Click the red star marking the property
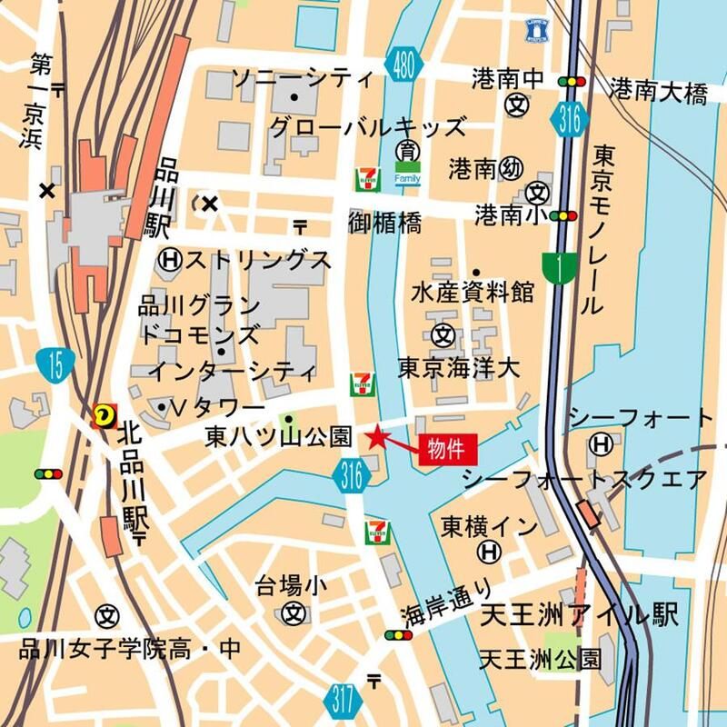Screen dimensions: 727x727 [376, 438]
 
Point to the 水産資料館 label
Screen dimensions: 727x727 [472, 293]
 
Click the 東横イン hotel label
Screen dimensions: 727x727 [478, 525]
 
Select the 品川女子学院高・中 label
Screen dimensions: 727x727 [130, 648]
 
